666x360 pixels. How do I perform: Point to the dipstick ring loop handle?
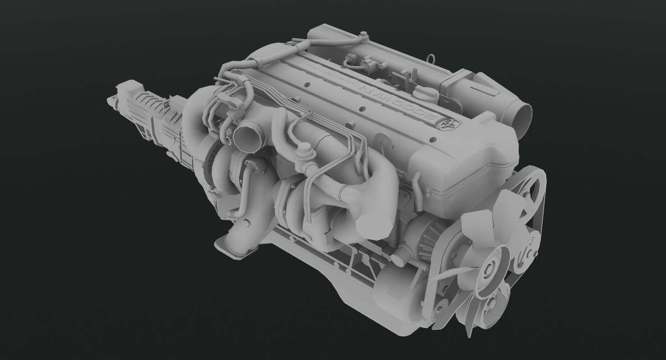click(x=432, y=58)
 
